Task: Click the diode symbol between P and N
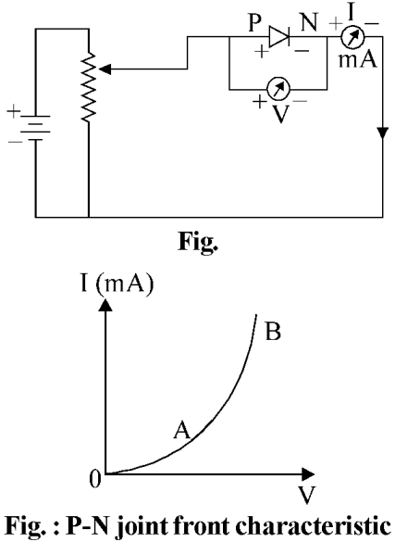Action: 279,36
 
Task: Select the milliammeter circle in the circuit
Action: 352,37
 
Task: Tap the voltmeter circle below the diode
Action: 278,89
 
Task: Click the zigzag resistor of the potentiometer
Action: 89,86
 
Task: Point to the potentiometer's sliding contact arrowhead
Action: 105,69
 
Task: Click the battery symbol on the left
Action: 34,128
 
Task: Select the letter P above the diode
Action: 255,23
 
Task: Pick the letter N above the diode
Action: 309,23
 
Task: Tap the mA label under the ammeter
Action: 358,59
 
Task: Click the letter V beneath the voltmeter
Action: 280,114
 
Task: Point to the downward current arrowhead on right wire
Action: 383,133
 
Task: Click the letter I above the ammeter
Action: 352,13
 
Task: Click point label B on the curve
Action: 273,332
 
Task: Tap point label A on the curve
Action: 182,430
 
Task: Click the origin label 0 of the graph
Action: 94,479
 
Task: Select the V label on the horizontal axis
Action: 307,496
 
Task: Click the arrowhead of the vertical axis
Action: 105,305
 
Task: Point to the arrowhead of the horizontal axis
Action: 308,474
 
